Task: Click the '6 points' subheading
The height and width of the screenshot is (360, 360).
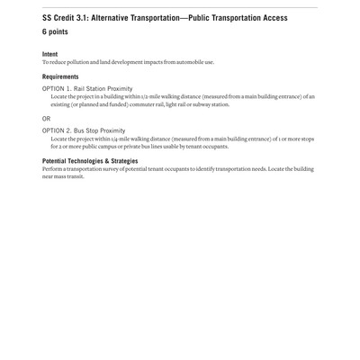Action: pos(55,32)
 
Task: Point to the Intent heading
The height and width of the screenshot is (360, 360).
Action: pos(49,54)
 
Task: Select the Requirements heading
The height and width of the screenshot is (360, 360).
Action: pos(60,77)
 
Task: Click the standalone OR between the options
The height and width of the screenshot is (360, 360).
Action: pos(47,119)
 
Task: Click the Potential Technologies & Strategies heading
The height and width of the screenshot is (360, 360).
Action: pos(90,161)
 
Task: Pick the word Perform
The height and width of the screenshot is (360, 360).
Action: pos(52,169)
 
